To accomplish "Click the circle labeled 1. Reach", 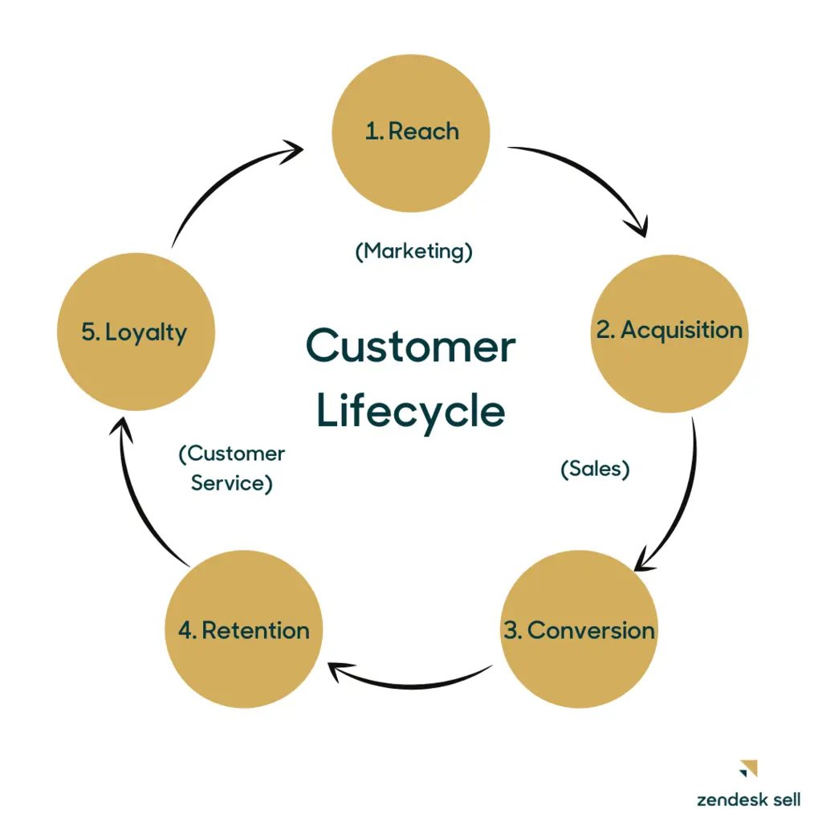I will tap(411, 133).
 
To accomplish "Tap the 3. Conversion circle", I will tap(579, 631).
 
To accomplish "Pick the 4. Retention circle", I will tap(243, 631).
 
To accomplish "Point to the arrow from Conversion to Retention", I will tap(409, 682).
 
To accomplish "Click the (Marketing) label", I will tap(413, 251).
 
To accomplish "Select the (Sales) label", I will tap(594, 470).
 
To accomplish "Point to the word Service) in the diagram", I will tap(231, 484).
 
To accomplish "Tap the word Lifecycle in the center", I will tap(411, 410).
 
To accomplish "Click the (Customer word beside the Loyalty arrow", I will tap(231, 454).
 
